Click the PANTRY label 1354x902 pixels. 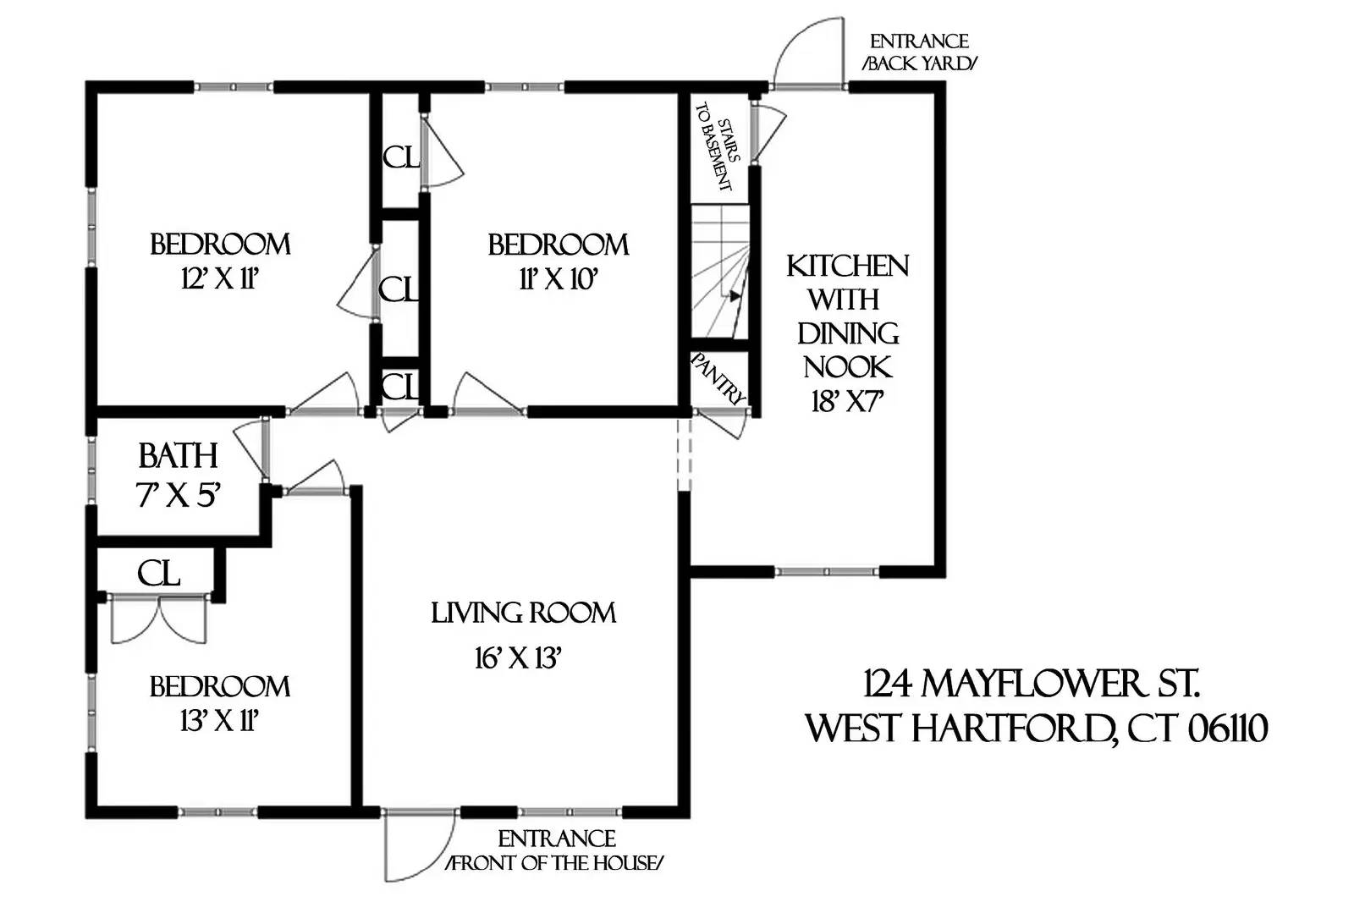719,378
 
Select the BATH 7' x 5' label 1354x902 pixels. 179,475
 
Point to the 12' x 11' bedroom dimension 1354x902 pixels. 219,278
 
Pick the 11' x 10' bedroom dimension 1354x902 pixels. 559,278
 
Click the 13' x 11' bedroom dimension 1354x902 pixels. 219,721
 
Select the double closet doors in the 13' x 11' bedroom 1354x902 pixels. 158,619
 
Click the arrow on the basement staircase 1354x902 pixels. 734,295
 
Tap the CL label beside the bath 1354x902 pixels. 159,575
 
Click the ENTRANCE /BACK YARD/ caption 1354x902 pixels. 919,52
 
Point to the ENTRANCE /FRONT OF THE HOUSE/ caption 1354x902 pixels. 556,851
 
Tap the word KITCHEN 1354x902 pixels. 847,266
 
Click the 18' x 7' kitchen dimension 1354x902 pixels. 847,402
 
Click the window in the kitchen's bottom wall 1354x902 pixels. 827,572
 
